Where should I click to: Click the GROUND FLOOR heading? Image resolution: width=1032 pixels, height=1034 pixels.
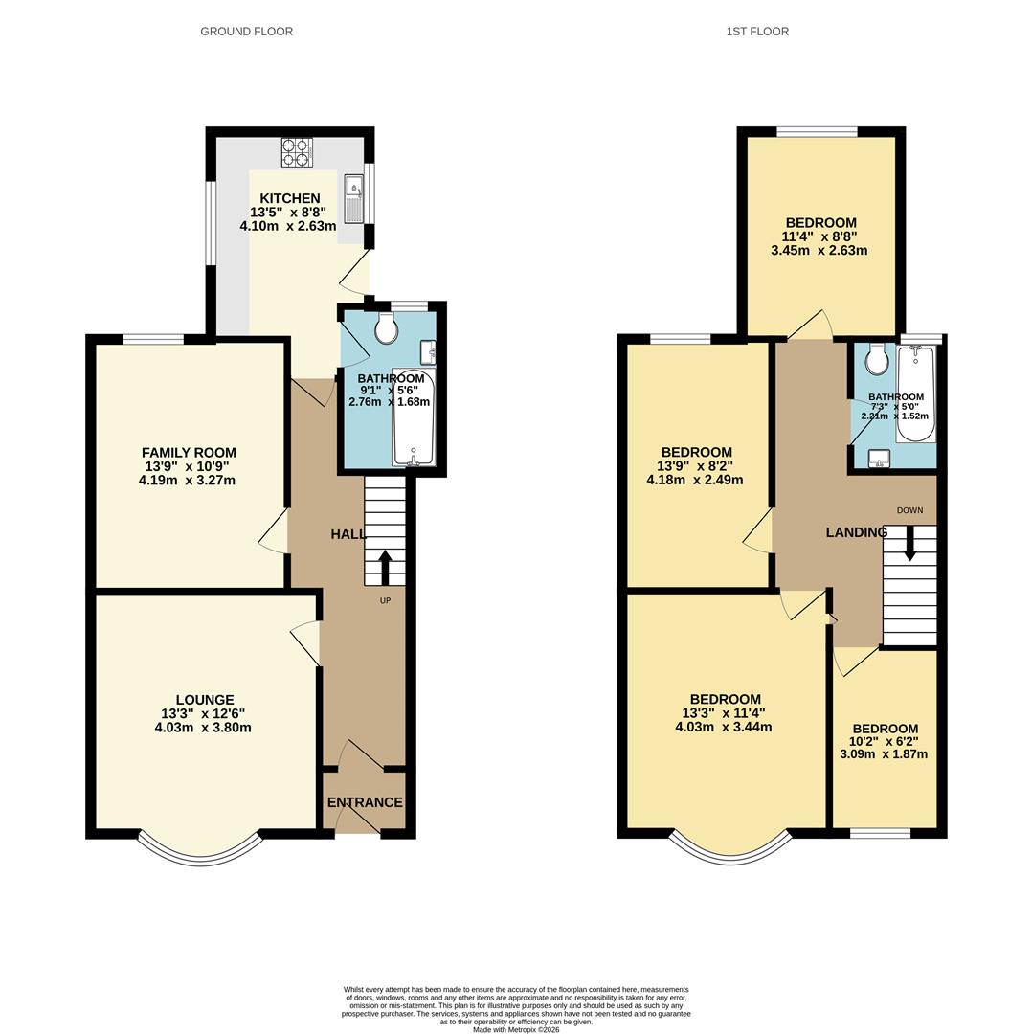pyautogui.click(x=247, y=31)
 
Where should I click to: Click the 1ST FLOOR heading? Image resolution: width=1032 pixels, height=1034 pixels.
pyautogui.click(x=757, y=31)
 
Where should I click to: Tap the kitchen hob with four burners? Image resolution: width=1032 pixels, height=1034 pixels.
pyautogui.click(x=297, y=152)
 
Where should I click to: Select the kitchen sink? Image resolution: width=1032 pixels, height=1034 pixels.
pyautogui.click(x=353, y=199)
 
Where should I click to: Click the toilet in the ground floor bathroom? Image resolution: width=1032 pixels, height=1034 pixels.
pyautogui.click(x=386, y=327)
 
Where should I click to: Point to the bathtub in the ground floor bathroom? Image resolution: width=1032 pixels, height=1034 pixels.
pyautogui.click(x=413, y=417)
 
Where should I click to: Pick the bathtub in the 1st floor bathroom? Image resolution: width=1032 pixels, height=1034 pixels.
pyautogui.click(x=915, y=393)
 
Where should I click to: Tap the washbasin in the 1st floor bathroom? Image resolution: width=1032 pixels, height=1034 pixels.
pyautogui.click(x=879, y=459)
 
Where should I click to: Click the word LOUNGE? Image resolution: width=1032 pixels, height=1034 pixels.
pyautogui.click(x=205, y=700)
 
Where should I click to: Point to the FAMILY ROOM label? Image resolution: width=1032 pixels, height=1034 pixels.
pyautogui.click(x=189, y=452)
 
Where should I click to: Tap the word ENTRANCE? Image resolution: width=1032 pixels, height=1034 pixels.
pyautogui.click(x=365, y=802)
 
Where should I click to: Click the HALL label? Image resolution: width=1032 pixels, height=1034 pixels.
pyautogui.click(x=348, y=534)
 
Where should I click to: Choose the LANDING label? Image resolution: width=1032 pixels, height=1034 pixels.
pyautogui.click(x=857, y=532)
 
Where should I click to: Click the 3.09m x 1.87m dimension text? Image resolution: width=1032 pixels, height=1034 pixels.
pyautogui.click(x=884, y=754)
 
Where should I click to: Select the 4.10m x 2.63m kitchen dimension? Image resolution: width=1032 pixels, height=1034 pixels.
pyautogui.click(x=288, y=226)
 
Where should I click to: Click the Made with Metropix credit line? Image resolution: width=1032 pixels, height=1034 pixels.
pyautogui.click(x=516, y=1029)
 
